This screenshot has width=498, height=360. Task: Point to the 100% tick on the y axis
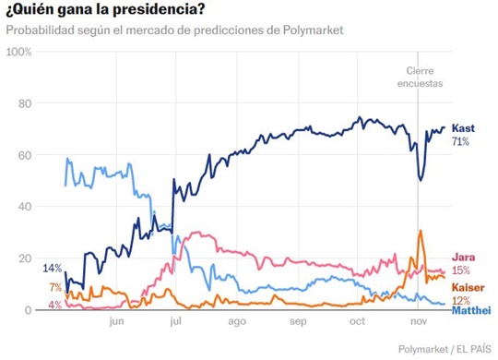pos(18,52)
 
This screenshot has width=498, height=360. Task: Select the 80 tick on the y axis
pos(25,103)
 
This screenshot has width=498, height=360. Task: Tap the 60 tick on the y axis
pos(25,155)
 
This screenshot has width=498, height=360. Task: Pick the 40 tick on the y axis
pos(25,207)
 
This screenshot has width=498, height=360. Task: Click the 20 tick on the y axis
pos(25,258)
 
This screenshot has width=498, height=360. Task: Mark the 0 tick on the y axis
pos(28,310)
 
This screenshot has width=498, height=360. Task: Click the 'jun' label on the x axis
pos(116,323)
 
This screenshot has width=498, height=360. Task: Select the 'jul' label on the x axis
pos(175,323)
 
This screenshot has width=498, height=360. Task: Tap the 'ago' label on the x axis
pos(236,323)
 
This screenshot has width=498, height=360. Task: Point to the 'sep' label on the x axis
pos(297,323)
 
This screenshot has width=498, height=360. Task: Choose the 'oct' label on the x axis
pos(358,323)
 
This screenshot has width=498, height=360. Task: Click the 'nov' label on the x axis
pos(418,323)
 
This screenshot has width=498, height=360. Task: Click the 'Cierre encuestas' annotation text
pos(424,77)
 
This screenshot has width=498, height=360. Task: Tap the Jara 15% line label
pos(461,264)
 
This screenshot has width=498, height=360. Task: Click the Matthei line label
pos(470,309)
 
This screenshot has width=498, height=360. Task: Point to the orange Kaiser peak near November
pos(421,232)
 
